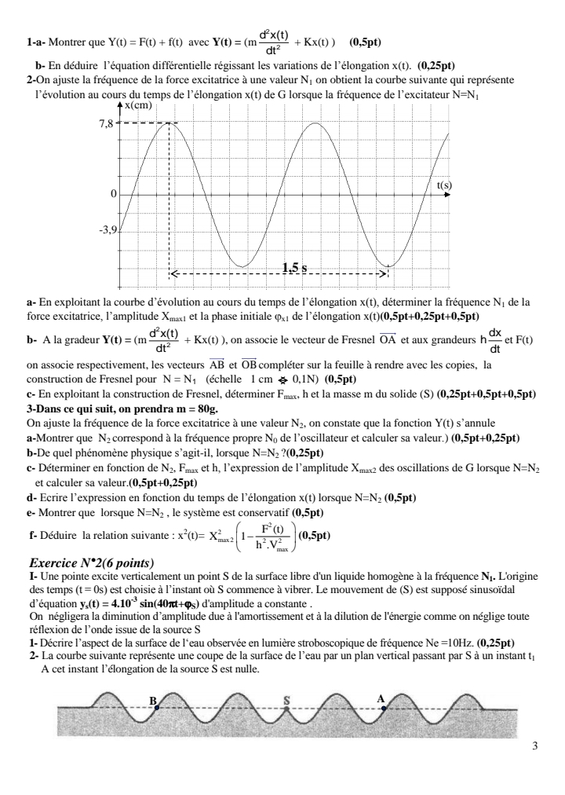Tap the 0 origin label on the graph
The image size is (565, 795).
[x=114, y=193]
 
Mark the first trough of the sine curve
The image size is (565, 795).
[x=244, y=266]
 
